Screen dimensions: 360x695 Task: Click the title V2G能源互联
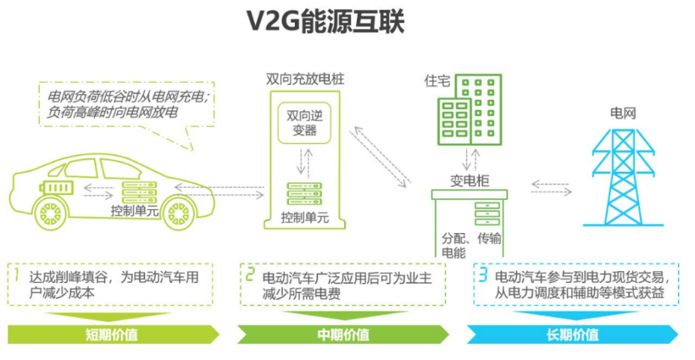coord(327,22)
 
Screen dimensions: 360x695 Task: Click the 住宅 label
coord(437,81)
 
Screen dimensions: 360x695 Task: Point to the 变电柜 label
coord(468,179)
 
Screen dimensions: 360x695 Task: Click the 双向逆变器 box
coord(302,124)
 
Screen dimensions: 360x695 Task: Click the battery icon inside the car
coord(57,186)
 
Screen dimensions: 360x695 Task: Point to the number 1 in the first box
coord(16,276)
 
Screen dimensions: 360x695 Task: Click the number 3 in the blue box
coord(483,276)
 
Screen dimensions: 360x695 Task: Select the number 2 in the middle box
coord(251,276)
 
